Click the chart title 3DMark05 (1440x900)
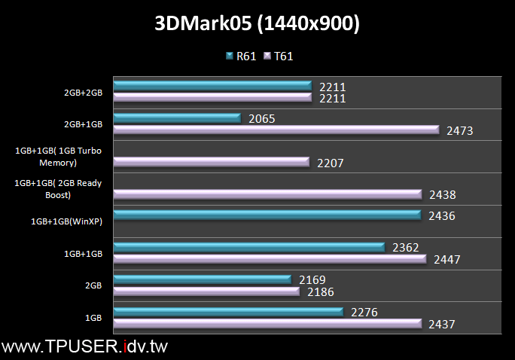257,24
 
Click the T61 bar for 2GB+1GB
276,130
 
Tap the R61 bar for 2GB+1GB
177,118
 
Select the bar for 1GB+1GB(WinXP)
267,215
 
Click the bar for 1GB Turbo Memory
212,162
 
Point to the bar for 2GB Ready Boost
267,194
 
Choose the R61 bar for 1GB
228,312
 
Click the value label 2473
459,131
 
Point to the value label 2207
331,162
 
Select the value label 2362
405,247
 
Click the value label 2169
312,279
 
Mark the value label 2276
364,312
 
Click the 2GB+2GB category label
83,93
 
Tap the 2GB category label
93,285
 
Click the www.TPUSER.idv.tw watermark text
84,347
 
